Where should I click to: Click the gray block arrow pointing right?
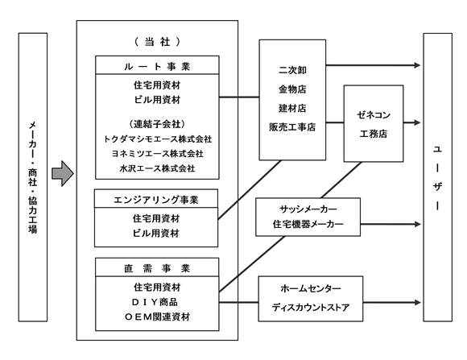point(63,173)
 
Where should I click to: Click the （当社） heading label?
point(157,42)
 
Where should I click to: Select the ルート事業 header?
point(157,67)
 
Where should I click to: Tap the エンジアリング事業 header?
point(156,200)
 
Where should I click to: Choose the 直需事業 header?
point(157,268)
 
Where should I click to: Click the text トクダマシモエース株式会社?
point(157,139)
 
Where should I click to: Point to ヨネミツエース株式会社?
point(157,154)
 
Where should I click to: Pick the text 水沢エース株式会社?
point(157,168)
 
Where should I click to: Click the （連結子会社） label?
point(157,124)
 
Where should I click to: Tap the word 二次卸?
point(292,70)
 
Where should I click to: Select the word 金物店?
point(292,89)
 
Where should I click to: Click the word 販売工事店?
point(292,127)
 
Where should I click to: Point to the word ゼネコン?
point(374,115)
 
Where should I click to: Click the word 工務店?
point(374,134)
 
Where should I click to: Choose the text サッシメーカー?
point(308,209)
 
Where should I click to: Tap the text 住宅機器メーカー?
point(308,224)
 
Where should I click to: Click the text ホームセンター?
point(311,288)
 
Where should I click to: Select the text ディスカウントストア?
point(311,308)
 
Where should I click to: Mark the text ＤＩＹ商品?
point(155,302)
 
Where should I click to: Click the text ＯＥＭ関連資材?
point(157,317)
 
